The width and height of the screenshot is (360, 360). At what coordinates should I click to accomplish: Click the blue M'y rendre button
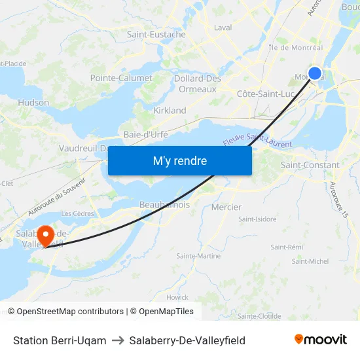tap(179, 160)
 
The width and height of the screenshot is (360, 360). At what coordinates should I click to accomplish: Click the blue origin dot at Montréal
tap(315, 73)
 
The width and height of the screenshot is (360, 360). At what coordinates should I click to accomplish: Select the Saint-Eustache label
tap(156, 35)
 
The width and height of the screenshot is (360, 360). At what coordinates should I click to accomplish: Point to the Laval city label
tap(223, 28)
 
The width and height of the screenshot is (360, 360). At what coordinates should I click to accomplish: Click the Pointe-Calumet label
tap(121, 78)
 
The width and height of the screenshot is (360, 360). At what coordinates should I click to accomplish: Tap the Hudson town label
tap(33, 103)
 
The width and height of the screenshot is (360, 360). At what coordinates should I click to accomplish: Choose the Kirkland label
tap(170, 111)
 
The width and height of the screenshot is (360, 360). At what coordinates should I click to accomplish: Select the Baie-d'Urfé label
tap(146, 134)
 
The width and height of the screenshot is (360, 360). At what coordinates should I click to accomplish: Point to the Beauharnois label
tap(164, 205)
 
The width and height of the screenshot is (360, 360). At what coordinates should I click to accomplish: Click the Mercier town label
tap(226, 207)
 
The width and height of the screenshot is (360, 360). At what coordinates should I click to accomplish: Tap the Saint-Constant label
tap(310, 166)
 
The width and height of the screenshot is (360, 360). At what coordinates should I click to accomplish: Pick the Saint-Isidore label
tap(257, 219)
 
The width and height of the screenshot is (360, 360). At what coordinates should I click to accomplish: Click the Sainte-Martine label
tap(198, 256)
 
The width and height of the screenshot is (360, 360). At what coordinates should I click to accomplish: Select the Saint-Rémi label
tap(287, 247)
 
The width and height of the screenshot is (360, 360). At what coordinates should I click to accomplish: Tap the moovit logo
tap(321, 339)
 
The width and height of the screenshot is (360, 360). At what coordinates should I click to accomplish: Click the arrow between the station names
tap(118, 340)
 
